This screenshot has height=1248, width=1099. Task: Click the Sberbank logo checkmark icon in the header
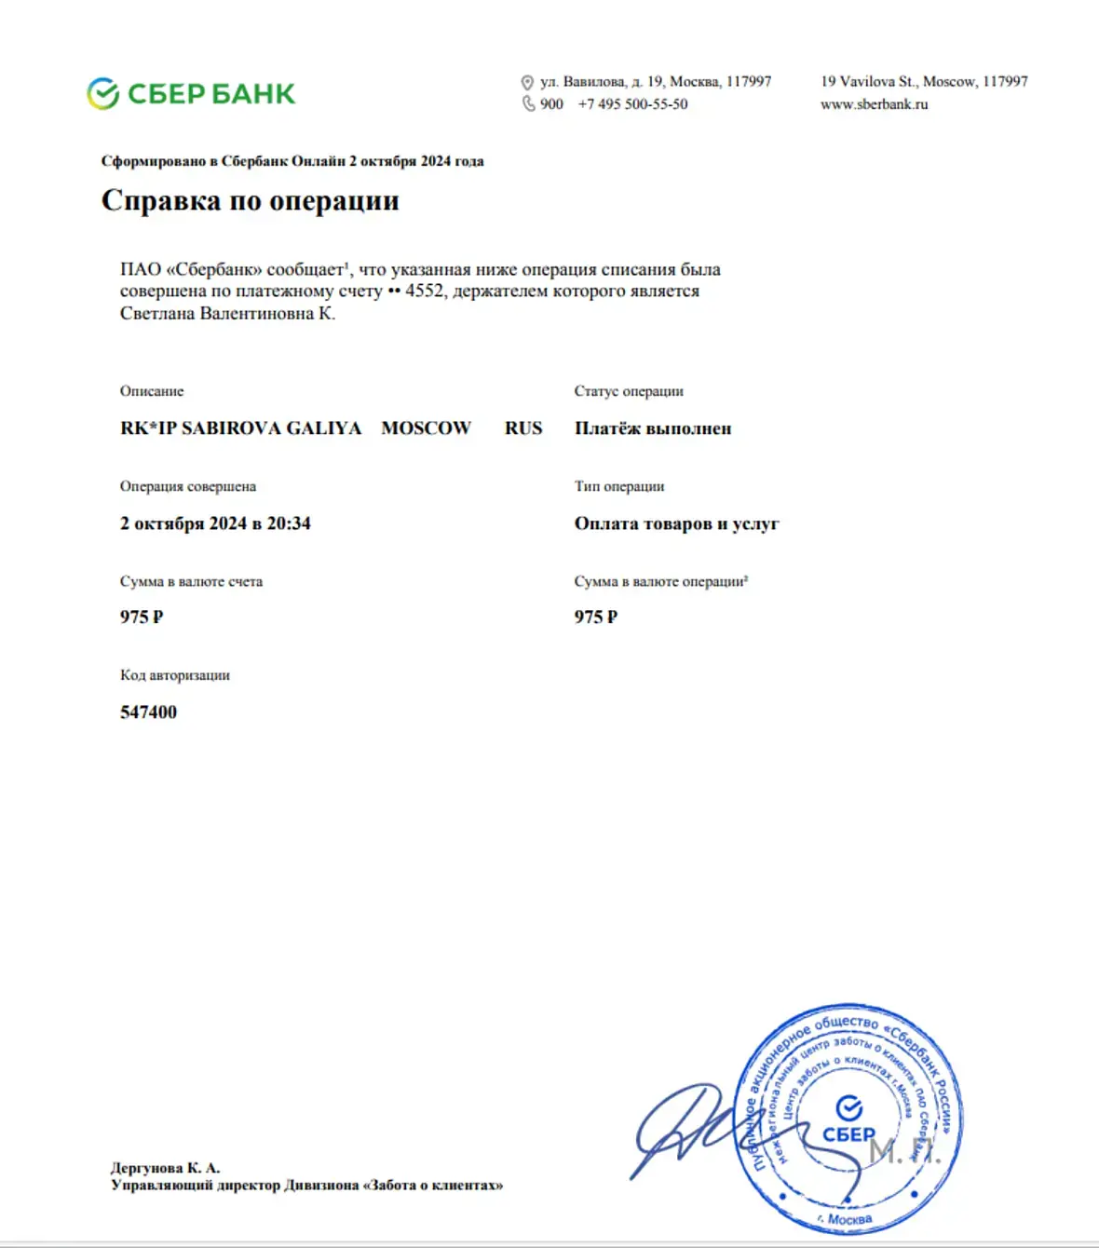point(102,93)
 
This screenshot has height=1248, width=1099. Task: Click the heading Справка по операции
point(250,200)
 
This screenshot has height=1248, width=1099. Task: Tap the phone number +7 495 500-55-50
point(632,104)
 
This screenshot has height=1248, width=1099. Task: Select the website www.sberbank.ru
point(874,104)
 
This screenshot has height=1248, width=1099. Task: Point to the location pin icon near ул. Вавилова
point(527,82)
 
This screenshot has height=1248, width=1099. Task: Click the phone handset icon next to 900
point(528,104)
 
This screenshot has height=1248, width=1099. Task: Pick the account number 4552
point(424,291)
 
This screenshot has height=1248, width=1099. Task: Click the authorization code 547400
point(148,712)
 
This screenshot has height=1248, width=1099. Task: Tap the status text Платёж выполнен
point(653,428)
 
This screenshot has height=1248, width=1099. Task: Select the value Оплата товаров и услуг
point(676,523)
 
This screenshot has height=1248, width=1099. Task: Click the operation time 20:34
point(289,523)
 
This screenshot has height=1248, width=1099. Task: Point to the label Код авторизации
point(174,675)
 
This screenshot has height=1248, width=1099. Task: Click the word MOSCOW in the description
point(426,428)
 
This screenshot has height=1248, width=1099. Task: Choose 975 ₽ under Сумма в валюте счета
point(142,617)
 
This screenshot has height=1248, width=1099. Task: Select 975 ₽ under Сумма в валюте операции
point(596,617)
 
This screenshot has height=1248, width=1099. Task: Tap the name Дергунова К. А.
point(165,1167)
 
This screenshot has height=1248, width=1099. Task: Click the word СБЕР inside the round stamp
point(848,1134)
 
